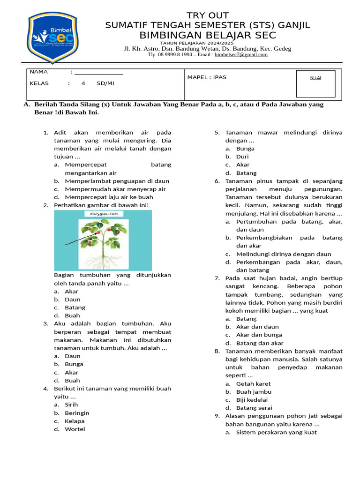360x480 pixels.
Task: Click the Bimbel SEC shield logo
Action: coord(50,37)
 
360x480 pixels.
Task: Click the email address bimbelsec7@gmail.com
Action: coord(241,55)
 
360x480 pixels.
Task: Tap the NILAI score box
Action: coord(315,83)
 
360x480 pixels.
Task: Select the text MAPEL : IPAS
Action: coord(207,77)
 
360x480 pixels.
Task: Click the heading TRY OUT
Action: coord(208,15)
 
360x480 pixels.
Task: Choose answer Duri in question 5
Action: coord(242,157)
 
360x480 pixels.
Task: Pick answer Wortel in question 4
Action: coord(75,429)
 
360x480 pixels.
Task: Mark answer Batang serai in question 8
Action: coord(254,408)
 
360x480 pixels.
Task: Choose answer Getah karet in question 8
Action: coord(253,383)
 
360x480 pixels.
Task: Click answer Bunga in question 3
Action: coord(74,364)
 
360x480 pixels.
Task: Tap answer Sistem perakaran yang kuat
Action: coord(276,432)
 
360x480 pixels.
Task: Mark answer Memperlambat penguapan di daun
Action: coord(117,181)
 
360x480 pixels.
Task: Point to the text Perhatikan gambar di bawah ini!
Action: coord(101,205)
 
